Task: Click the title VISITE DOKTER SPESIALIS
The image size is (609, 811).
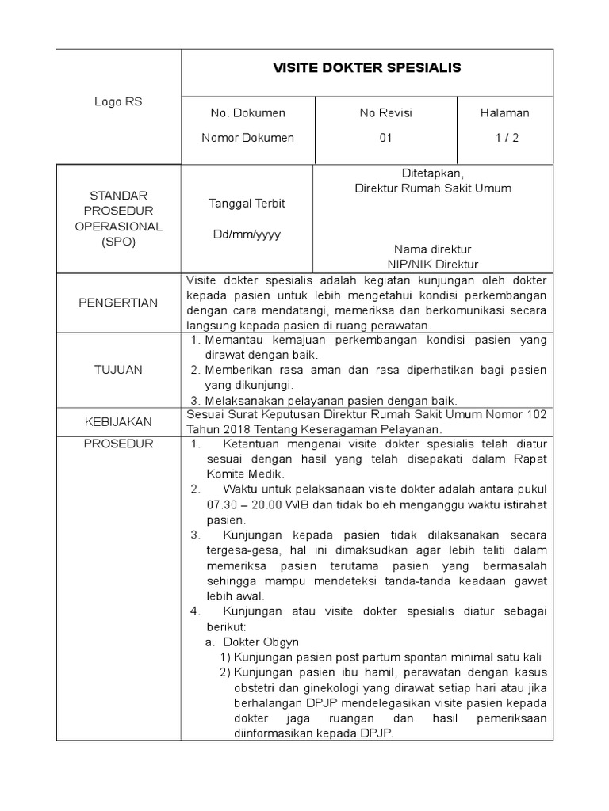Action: (x=366, y=68)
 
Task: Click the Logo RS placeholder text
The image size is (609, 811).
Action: (x=119, y=101)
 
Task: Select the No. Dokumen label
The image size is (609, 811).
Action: (x=247, y=113)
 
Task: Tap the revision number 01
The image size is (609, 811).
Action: (x=386, y=138)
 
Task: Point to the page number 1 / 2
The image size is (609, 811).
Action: (x=504, y=138)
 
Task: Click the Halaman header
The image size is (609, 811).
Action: (x=504, y=113)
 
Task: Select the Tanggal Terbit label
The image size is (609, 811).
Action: (x=247, y=204)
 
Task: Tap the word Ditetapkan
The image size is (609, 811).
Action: (x=432, y=173)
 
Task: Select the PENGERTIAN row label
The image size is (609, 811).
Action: (x=119, y=303)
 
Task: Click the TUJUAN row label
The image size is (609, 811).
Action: (x=119, y=370)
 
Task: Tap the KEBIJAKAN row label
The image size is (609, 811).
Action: (x=119, y=421)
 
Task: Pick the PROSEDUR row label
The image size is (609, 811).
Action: (x=119, y=444)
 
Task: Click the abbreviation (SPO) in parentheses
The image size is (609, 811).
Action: (x=119, y=242)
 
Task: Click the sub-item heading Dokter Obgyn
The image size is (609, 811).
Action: (x=261, y=642)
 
